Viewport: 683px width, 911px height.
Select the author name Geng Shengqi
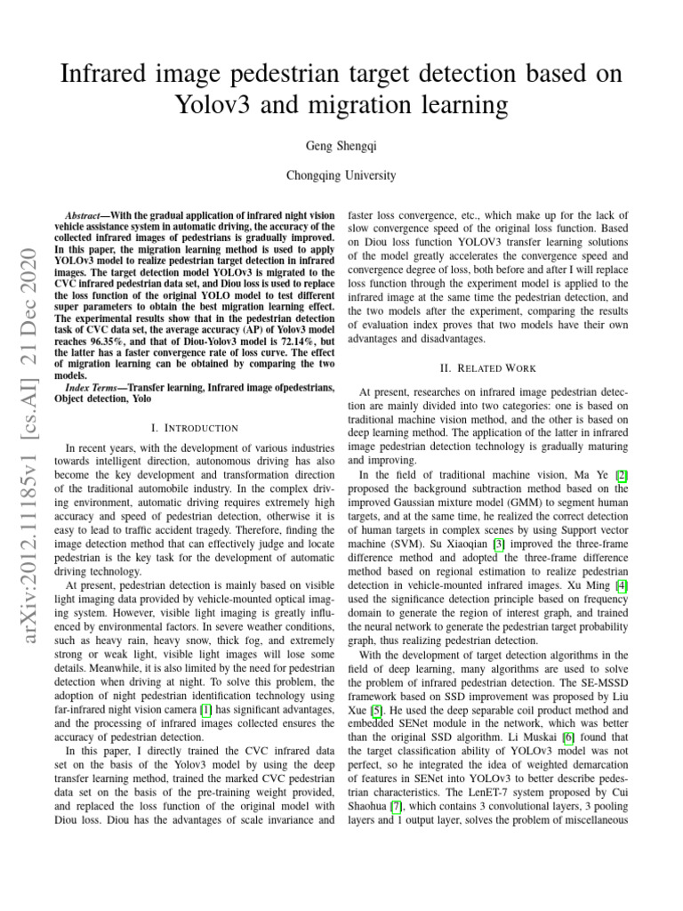tap(341, 143)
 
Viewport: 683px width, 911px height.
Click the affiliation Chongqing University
tap(341, 175)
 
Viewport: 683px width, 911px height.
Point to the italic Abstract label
tap(90, 216)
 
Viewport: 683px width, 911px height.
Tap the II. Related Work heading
tap(488, 367)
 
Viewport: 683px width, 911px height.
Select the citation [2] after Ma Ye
tap(622, 476)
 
